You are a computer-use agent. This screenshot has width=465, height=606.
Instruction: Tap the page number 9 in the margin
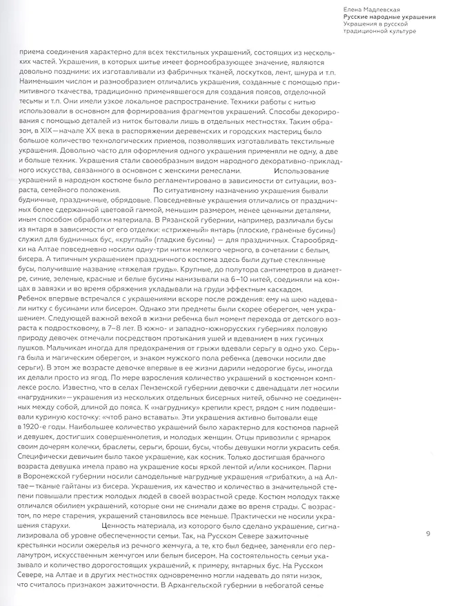click(428, 533)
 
